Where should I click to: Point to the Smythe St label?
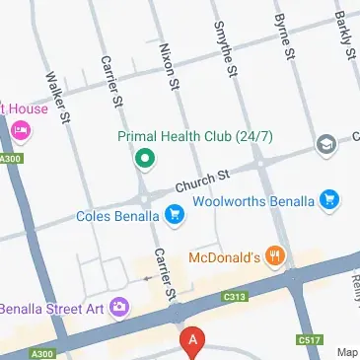(225, 48)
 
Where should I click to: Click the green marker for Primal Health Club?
(144, 156)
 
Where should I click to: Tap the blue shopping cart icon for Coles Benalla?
(175, 213)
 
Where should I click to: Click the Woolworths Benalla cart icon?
(330, 201)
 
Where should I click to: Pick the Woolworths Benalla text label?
(253, 201)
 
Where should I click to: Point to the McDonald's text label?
(223, 258)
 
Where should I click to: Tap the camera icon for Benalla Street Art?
(119, 307)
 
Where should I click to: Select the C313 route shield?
(234, 296)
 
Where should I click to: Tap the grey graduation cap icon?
(324, 146)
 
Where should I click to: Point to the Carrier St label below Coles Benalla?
(163, 273)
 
